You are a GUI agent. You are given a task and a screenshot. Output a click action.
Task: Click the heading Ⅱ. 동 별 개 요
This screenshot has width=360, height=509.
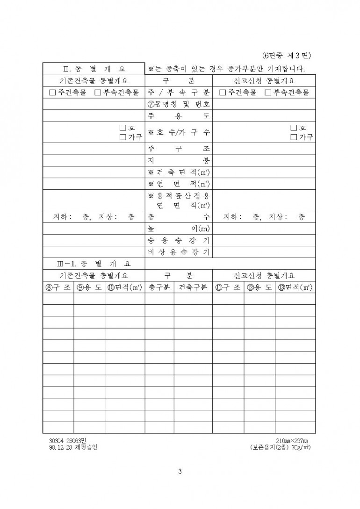click(x=94, y=69)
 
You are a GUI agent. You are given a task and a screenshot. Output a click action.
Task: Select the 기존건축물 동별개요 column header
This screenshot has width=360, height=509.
click(x=94, y=80)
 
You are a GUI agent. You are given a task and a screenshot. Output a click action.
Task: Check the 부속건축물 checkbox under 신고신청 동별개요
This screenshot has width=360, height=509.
click(x=268, y=93)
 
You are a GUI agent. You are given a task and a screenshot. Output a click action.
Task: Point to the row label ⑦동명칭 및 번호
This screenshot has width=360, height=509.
click(x=179, y=104)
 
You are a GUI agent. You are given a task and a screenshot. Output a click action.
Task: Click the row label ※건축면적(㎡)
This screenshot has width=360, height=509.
click(x=179, y=172)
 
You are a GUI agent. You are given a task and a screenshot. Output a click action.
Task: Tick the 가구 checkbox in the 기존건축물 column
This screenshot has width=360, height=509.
click(x=123, y=137)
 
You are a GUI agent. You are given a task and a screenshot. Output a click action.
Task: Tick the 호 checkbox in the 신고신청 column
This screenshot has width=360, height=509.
click(x=294, y=128)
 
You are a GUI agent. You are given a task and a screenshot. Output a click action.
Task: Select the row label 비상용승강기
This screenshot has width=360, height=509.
click(x=179, y=252)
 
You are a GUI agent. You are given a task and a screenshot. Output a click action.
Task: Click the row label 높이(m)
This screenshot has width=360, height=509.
click(x=179, y=229)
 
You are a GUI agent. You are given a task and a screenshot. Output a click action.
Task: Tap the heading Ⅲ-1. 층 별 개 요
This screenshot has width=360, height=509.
click(x=94, y=264)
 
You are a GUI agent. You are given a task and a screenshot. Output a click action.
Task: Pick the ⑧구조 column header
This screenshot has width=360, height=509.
click(x=58, y=287)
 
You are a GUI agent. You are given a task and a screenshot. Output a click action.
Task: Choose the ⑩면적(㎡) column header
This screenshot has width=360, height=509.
click(x=124, y=287)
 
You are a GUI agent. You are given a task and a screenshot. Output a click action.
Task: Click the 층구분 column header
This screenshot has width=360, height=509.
click(x=159, y=287)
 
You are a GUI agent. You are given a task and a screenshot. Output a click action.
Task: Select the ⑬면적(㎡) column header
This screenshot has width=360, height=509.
click(x=295, y=287)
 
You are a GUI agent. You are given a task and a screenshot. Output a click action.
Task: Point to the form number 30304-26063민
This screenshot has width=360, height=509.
click(x=71, y=440)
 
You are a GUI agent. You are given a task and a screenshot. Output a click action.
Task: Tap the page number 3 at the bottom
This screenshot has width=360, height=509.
click(x=180, y=471)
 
